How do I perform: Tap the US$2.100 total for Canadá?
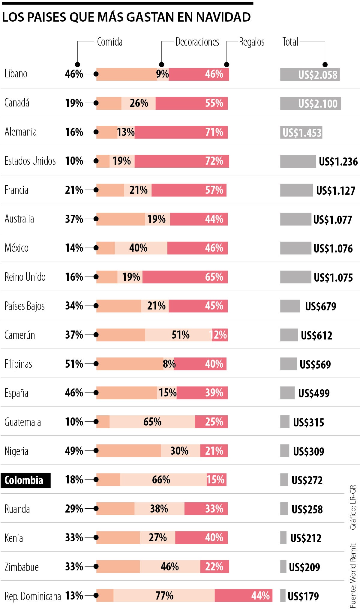tap(317, 103)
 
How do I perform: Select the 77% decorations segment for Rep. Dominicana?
tap(164, 596)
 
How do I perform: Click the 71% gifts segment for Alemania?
tap(181, 132)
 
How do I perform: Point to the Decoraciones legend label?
tap(197, 42)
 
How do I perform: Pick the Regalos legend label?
tap(252, 42)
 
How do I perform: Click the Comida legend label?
tap(109, 42)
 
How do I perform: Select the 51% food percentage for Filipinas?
tap(74, 364)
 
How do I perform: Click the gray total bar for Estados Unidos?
tap(298, 161)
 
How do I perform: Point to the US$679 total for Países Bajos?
tap(320, 306)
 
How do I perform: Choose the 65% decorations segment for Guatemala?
tap(152, 422)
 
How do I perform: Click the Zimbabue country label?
tap(22, 567)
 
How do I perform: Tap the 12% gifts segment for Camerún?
tap(220, 335)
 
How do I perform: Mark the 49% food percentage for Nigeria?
tap(74, 451)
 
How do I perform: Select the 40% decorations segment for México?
tap(141, 248)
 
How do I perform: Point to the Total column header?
tap(290, 42)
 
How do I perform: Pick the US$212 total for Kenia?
tap(306, 538)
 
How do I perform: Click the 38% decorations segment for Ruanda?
tap(159, 509)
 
